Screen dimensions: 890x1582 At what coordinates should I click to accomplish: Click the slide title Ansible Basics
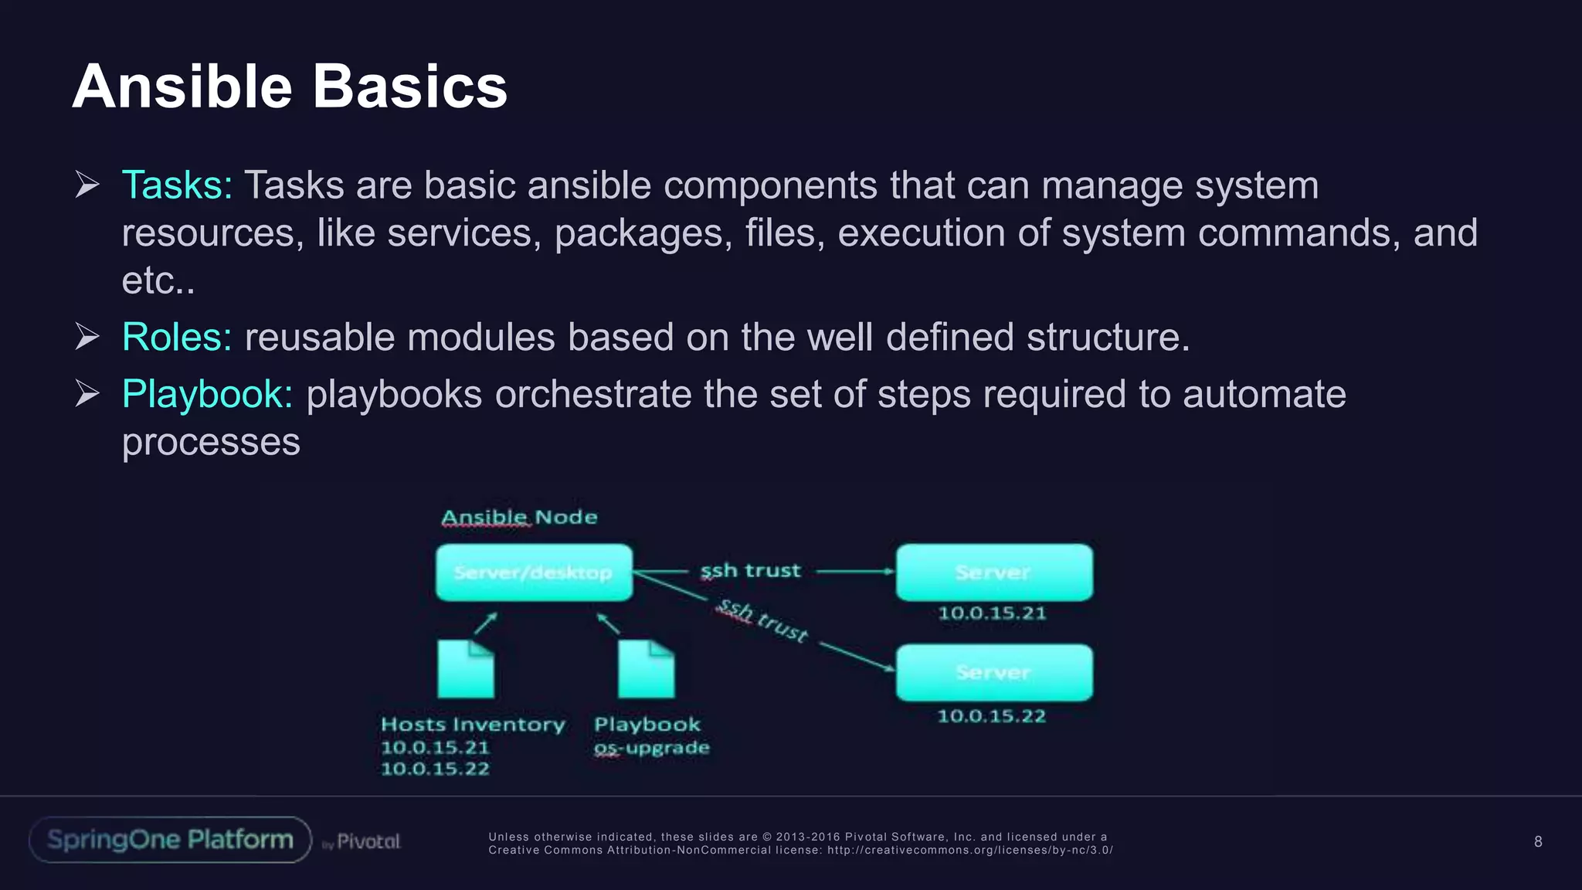(x=290, y=87)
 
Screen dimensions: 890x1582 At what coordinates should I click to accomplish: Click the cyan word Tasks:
(x=177, y=185)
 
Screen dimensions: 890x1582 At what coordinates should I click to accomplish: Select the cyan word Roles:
(x=177, y=338)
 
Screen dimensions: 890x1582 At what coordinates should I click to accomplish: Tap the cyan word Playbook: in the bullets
(x=207, y=395)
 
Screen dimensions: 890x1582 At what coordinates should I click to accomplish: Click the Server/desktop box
(x=534, y=572)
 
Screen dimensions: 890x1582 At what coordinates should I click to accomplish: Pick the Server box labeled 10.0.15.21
(x=994, y=572)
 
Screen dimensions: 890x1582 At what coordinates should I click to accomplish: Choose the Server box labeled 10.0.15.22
(x=994, y=672)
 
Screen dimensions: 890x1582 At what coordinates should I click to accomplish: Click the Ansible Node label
(x=519, y=517)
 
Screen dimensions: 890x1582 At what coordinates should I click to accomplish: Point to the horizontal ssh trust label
(x=750, y=571)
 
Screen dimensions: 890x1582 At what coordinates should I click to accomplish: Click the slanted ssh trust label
(x=762, y=620)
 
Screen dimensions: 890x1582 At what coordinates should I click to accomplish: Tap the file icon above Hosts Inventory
(x=466, y=668)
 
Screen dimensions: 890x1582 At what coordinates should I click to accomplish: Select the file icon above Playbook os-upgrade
(x=647, y=668)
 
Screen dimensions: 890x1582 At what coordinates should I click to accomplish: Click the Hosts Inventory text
(x=473, y=725)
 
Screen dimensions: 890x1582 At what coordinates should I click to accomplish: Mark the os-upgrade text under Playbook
(x=651, y=748)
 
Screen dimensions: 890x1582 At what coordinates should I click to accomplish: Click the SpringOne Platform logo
(x=170, y=840)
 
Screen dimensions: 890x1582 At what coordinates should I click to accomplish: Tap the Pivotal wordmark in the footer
(x=368, y=841)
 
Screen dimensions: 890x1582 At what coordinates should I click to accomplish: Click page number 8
(x=1538, y=842)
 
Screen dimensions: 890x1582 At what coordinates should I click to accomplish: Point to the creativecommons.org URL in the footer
(x=969, y=850)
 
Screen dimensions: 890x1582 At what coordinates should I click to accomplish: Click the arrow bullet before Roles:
(x=87, y=338)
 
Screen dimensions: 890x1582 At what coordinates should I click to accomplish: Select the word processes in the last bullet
(x=211, y=442)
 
